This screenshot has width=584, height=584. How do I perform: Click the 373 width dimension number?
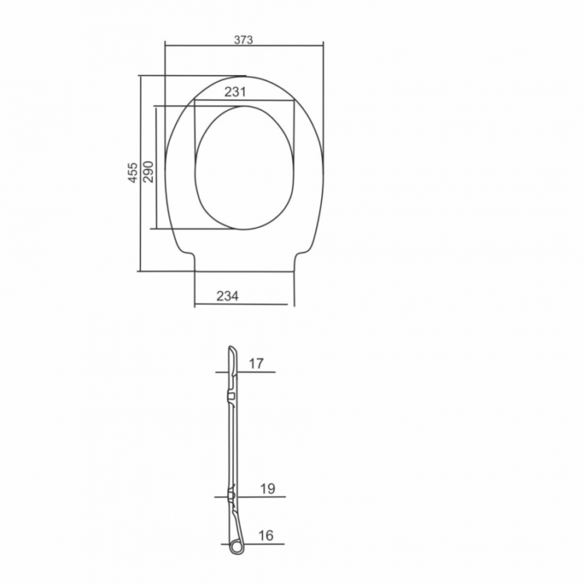244,39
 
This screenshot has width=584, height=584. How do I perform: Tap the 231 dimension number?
235,92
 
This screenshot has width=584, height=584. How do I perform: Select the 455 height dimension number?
133,173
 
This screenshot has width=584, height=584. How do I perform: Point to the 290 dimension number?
149,171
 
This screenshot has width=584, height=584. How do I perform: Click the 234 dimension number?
227,296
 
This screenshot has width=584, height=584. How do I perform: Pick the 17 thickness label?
256,363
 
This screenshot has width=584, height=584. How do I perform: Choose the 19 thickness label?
268,488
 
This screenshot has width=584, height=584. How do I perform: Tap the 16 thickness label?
266,536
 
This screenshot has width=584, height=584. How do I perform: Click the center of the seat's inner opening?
244,168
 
